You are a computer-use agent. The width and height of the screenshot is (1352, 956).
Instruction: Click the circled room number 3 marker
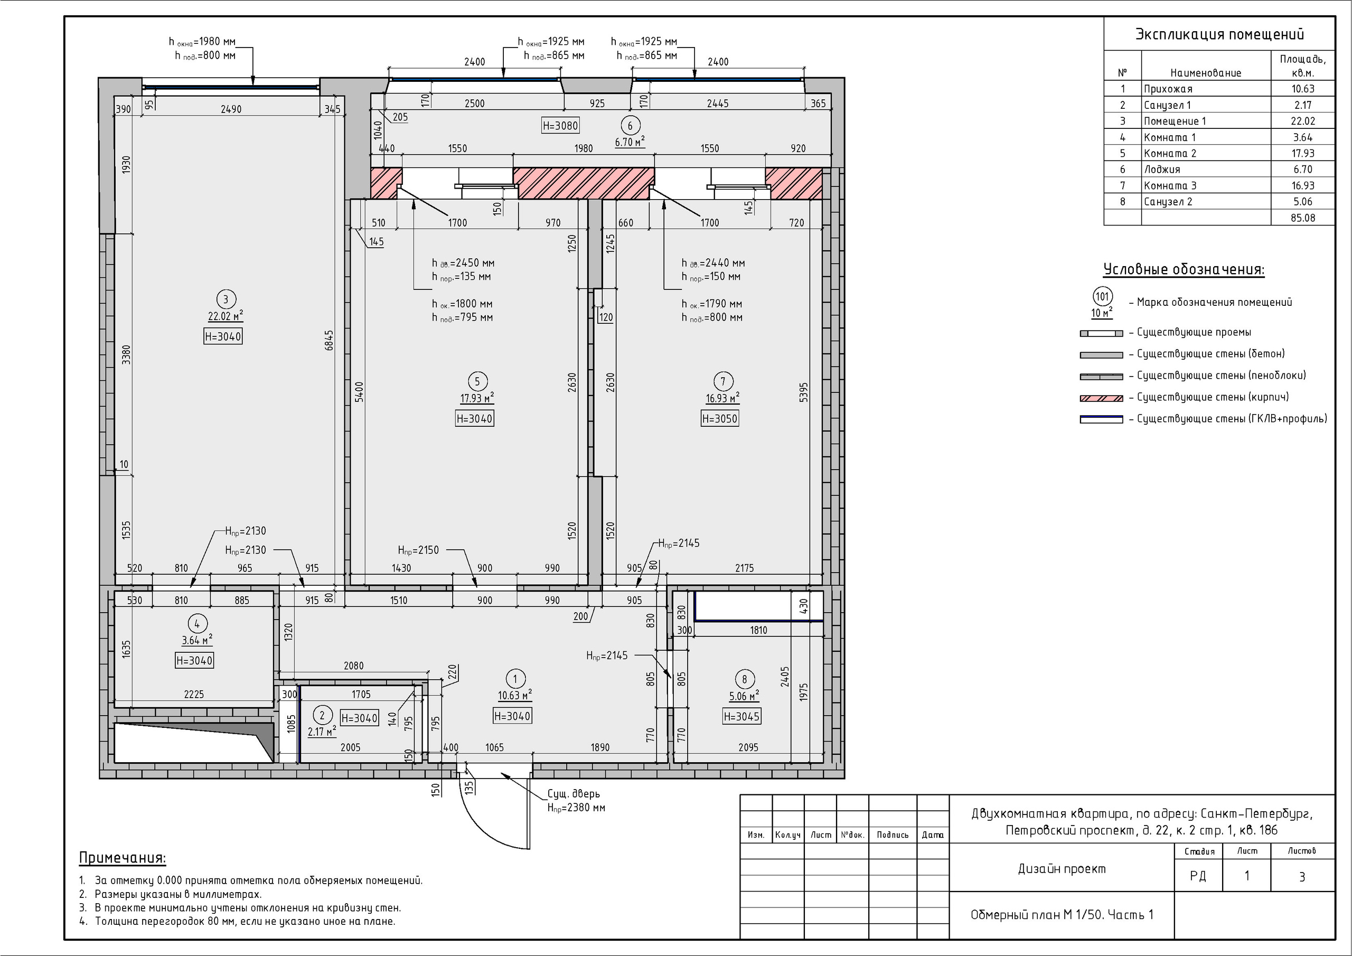point(225,299)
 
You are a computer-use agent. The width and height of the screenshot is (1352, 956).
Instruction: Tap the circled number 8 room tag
point(744,679)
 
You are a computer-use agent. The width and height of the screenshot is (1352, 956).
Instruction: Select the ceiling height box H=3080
point(560,126)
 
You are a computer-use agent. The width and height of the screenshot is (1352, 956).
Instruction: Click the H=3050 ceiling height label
point(720,419)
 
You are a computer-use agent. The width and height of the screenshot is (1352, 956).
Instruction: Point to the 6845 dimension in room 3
point(329,340)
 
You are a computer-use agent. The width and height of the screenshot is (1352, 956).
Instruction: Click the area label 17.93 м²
point(477,398)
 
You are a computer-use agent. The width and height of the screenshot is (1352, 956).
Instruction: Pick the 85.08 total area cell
point(1302,218)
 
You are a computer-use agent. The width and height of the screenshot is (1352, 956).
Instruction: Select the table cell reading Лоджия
point(1162,170)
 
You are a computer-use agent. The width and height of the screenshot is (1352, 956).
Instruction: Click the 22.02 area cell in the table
point(1302,121)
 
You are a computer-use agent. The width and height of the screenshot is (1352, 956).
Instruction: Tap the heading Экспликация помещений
point(1219,34)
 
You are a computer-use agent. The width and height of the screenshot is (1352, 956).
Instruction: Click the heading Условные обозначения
point(1184,270)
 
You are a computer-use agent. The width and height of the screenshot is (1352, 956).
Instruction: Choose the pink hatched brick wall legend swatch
point(1101,398)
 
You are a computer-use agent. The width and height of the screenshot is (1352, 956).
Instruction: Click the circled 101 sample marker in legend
point(1102,296)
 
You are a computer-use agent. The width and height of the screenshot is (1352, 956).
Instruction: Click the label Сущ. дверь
point(574,794)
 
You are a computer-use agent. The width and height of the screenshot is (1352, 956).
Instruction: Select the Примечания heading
point(123,858)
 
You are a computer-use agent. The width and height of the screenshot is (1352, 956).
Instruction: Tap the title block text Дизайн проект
point(1062,869)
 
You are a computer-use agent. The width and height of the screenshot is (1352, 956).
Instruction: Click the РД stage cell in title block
point(1198,876)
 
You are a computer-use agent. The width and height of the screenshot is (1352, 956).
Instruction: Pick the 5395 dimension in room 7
point(804,393)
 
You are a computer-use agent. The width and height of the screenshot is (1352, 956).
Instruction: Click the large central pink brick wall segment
point(584,183)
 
